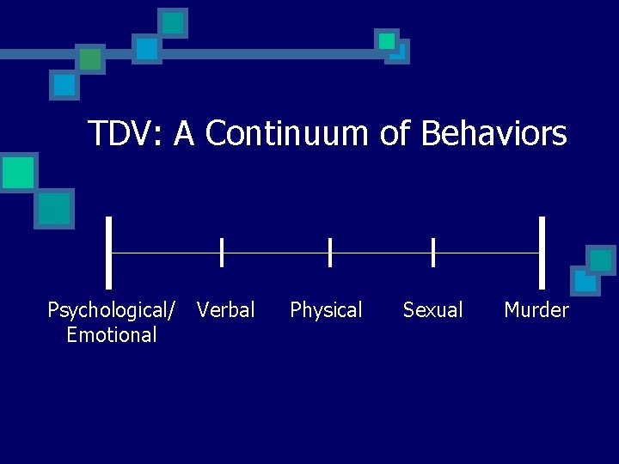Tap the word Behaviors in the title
tap(494, 134)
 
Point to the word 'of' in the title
tap(395, 134)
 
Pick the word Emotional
tap(112, 335)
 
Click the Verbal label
tap(226, 310)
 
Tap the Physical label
tap(327, 310)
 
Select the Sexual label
tap(432, 310)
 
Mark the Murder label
tap(536, 310)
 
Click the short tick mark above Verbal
tap(222, 253)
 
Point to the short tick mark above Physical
tap(330, 253)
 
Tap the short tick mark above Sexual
tap(433, 253)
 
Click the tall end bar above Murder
tap(542, 252)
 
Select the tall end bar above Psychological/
tap(109, 252)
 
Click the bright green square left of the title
tap(18, 173)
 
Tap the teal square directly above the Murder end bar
tap(601, 259)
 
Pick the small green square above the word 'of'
tap(387, 40)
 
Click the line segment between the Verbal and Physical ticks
tap(276, 253)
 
